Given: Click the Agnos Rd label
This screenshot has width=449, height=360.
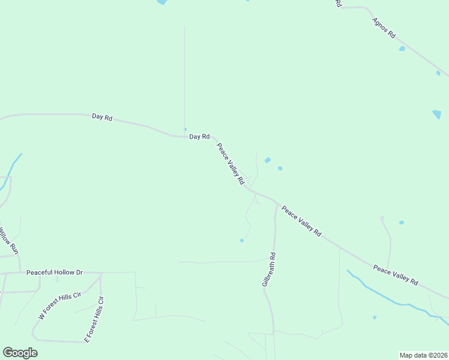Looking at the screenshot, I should click(384, 28).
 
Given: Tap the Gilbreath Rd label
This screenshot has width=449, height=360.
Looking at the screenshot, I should click(268, 269).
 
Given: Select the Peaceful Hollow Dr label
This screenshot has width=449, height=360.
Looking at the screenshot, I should click(54, 272).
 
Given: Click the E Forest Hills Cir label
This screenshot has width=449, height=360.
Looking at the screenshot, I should click(94, 319).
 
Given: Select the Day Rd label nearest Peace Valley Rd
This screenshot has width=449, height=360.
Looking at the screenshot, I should click(199, 137).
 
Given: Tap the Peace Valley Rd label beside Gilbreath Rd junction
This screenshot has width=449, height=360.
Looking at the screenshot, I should click(301, 221).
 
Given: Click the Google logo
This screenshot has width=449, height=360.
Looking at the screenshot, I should click(20, 353).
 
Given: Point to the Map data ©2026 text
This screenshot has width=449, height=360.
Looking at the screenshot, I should click(423, 355).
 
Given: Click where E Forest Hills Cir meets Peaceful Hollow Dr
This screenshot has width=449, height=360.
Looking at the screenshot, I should click(101, 273).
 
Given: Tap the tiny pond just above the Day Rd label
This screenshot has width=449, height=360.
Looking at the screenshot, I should click(185, 129).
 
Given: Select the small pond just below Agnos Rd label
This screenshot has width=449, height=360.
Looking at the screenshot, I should click(402, 49).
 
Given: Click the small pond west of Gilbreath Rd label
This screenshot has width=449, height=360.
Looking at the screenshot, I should click(242, 241).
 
